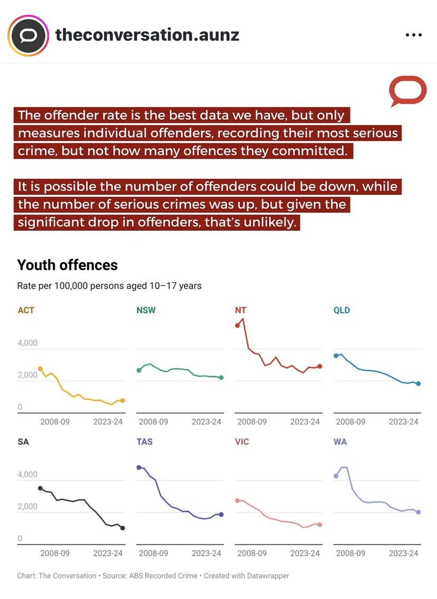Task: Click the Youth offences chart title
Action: tap(68, 265)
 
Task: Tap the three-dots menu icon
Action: tap(414, 35)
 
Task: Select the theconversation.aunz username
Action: tap(147, 35)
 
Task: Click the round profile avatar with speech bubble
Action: tap(27, 35)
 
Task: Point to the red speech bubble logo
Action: tap(407, 91)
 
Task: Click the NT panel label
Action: tap(241, 310)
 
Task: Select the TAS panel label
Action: tap(144, 442)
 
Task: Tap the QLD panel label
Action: tap(341, 310)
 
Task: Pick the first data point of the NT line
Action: tap(237, 325)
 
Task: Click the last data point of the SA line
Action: tap(122, 528)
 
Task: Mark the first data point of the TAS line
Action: tap(139, 467)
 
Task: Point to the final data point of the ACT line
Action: tap(122, 400)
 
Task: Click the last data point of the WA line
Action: tap(418, 512)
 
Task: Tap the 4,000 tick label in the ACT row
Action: tap(27, 343)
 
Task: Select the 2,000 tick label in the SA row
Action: tap(27, 507)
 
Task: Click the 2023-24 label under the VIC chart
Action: tap(305, 553)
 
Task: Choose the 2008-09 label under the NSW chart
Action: tap(154, 422)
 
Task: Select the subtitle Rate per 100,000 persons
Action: tap(109, 286)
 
